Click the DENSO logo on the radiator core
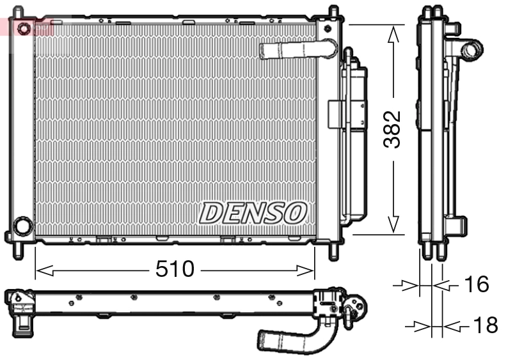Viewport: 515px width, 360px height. coord(253,212)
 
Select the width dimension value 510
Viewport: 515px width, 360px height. coord(175,269)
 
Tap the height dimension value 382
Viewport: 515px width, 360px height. coord(392,130)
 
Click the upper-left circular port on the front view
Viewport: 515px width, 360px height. coord(24,29)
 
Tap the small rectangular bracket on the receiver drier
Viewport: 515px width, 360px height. coord(336,114)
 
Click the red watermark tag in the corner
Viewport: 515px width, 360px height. coord(26,26)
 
